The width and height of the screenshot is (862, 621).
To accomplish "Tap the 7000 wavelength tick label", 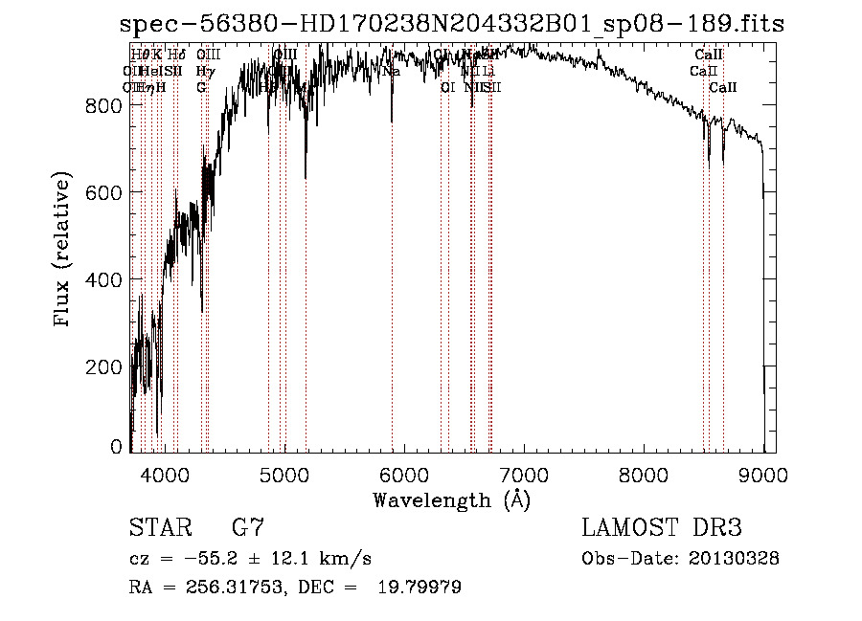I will point(524,474).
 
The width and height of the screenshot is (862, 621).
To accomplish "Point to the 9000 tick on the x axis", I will point(763,474).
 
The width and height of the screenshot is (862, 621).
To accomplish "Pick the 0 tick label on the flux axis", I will point(117,447).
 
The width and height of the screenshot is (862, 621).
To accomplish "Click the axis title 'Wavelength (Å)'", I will point(451,499).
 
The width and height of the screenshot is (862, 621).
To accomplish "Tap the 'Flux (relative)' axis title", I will point(64,251).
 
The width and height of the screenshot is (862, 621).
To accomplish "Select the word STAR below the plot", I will point(160,528).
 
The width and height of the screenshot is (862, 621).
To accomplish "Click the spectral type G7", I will point(247,528).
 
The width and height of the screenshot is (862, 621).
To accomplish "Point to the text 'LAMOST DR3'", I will point(662,528).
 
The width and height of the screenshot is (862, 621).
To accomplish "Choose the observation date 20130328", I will point(737,559).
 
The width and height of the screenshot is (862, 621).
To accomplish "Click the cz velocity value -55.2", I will point(208,559).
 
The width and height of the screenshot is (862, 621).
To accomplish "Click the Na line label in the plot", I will point(391,72).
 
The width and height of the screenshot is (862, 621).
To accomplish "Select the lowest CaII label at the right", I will point(723,87).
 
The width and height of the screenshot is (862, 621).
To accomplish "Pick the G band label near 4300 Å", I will point(201,87).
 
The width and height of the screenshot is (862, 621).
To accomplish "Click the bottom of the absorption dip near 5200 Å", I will point(306,177).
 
